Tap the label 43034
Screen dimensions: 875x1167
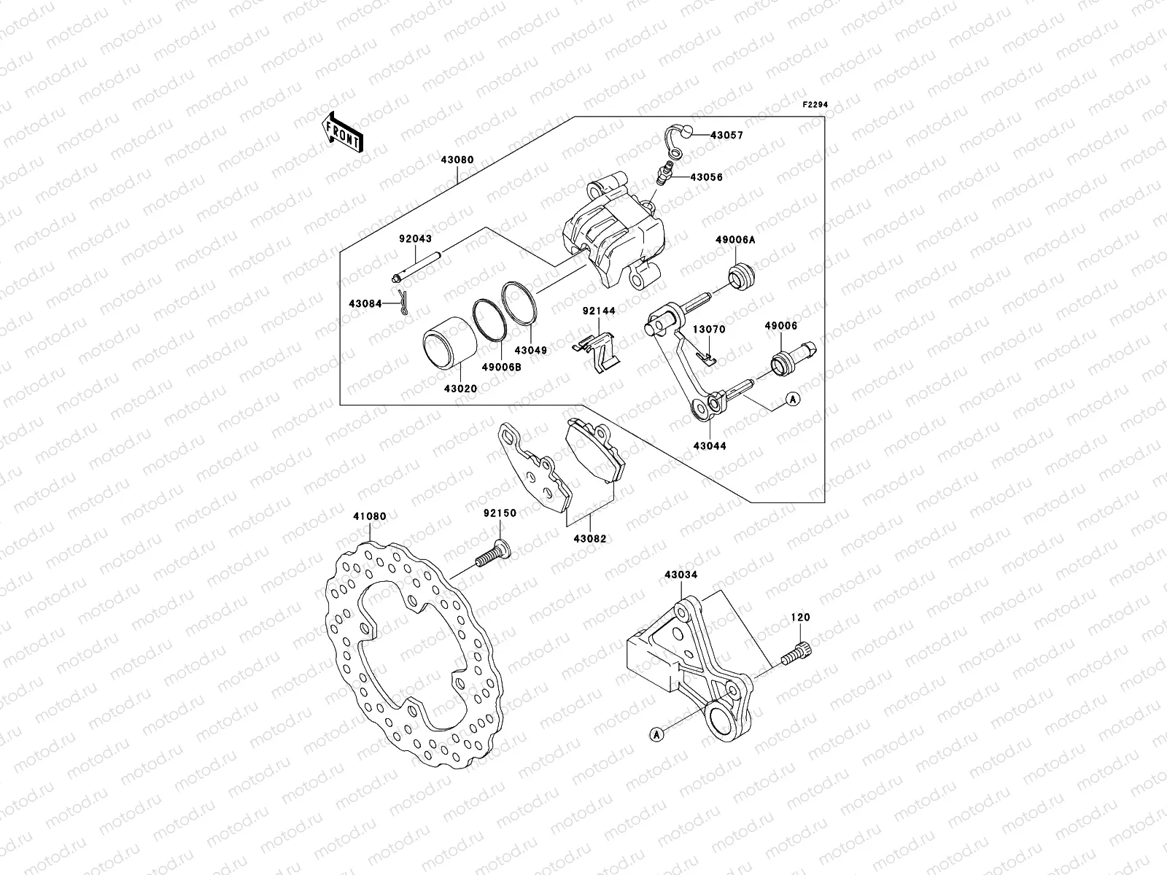tap(681, 575)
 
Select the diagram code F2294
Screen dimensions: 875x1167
tap(816, 104)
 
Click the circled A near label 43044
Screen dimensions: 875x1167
tap(794, 398)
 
